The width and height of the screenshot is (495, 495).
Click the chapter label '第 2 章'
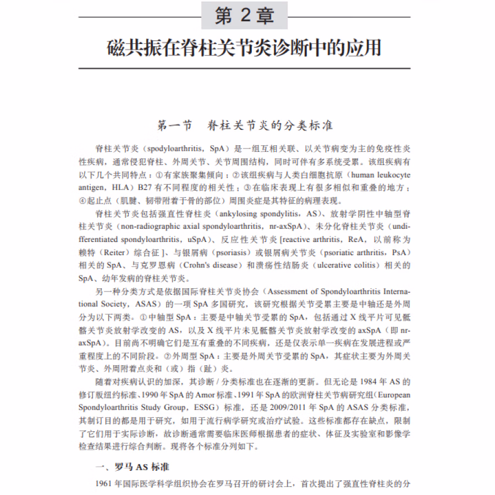click(x=244, y=16)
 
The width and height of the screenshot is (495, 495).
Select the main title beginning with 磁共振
click(x=244, y=48)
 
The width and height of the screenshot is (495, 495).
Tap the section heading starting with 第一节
click(x=245, y=125)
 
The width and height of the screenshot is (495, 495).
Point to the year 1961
click(x=105, y=484)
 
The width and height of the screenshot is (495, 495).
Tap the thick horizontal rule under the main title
click(x=244, y=68)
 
